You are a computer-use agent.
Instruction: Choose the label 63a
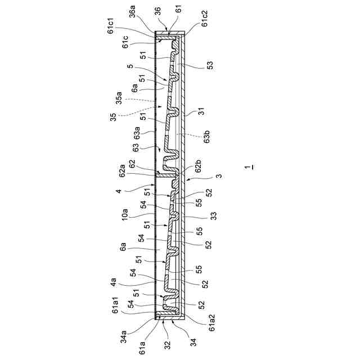click(x=137, y=134)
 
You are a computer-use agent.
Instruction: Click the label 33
click(x=214, y=215)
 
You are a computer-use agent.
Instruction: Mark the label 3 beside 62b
click(x=219, y=176)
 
